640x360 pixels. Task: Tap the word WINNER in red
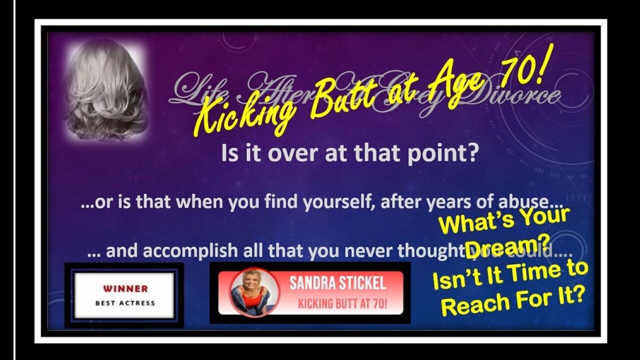pos(125,288)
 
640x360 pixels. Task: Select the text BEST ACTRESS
pos(125,302)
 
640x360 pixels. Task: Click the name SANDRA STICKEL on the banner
pos(337,283)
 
